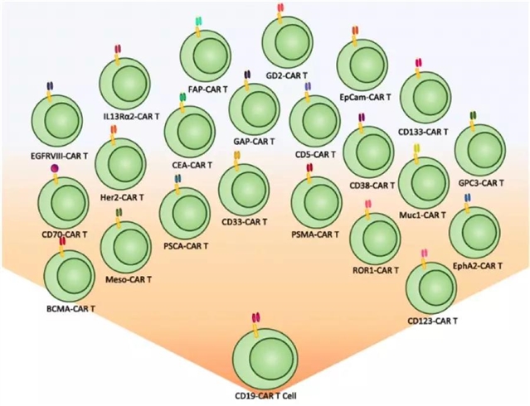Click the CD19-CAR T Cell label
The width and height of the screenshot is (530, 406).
coord(260,396)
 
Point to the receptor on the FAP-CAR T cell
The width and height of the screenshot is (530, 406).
coord(198,22)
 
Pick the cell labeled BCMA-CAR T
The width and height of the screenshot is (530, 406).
coord(69,278)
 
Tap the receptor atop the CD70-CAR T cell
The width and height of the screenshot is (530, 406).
coord(56,171)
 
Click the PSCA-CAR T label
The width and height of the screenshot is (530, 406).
coord(183,245)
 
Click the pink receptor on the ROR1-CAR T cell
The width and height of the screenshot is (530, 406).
coord(367,205)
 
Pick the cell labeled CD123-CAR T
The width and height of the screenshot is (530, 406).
coord(430,287)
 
